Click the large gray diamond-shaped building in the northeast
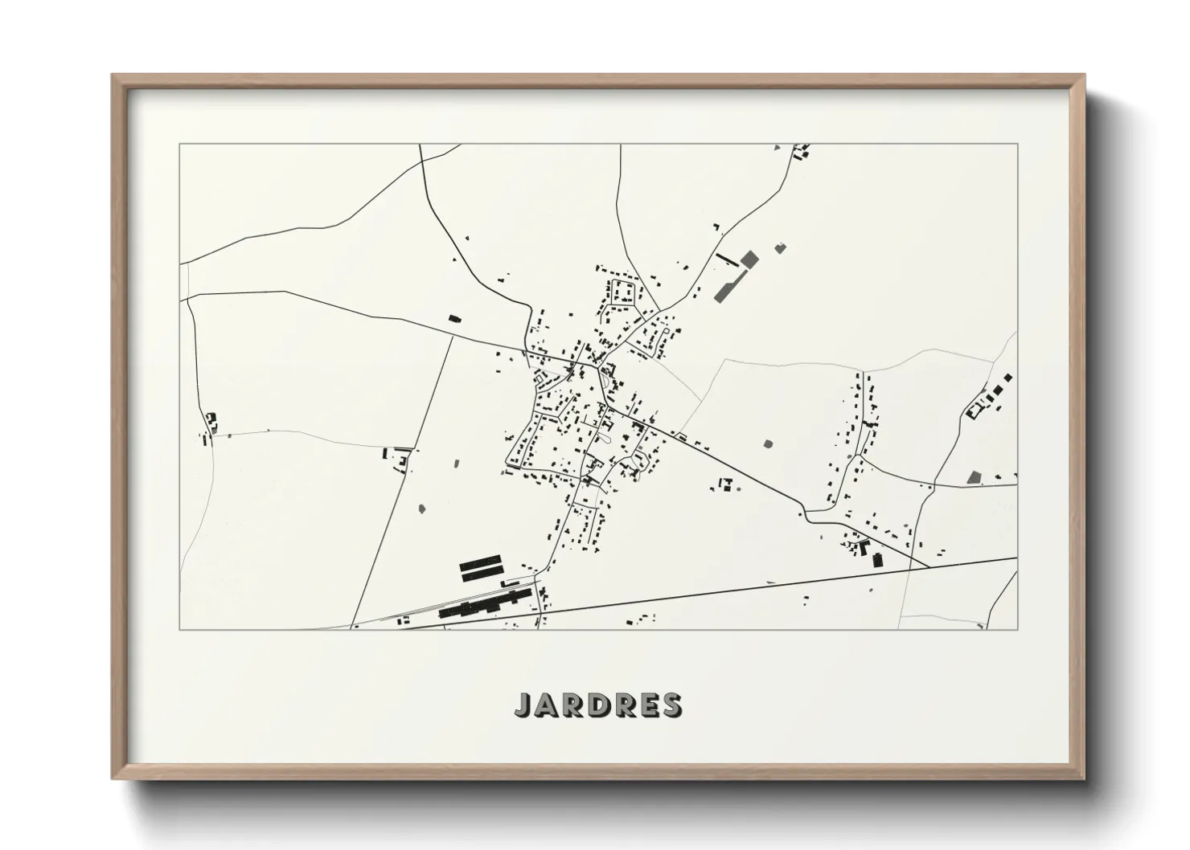(749, 259)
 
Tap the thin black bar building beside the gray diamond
(727, 259)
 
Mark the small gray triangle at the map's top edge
(777, 149)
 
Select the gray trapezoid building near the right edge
(975, 477)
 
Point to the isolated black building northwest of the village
(454, 319)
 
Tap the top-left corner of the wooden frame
(113, 76)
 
